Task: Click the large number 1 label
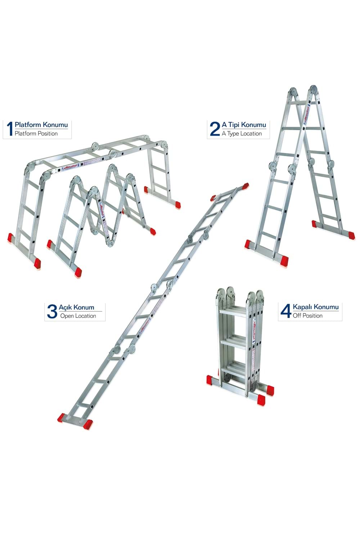point(9,129)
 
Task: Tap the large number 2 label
point(215,129)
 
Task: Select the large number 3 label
point(52,311)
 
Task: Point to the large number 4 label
point(285,311)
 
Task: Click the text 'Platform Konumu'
point(41,125)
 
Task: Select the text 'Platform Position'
point(36,134)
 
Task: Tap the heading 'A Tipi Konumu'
point(244,125)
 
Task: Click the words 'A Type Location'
point(242,134)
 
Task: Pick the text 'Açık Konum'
point(77,307)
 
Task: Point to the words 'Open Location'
point(78,316)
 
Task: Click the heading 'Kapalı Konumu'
point(316,307)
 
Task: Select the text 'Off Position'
point(307,316)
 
